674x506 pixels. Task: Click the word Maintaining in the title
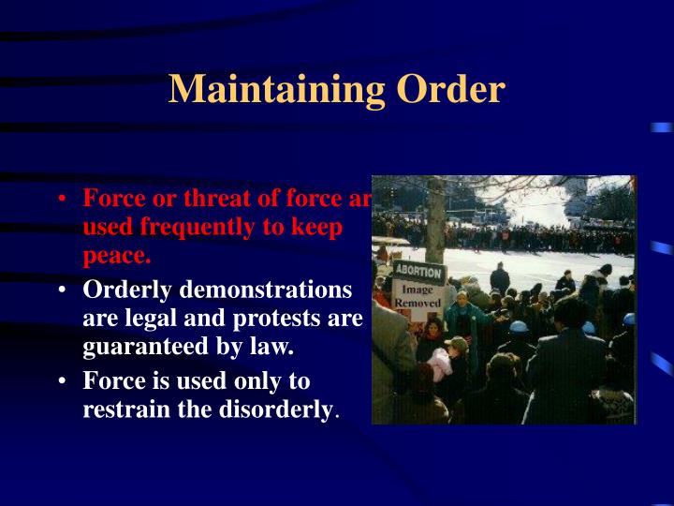pyautogui.click(x=277, y=90)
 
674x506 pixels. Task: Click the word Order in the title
pyautogui.click(x=450, y=90)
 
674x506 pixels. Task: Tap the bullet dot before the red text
pyautogui.click(x=61, y=200)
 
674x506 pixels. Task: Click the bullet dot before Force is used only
pyautogui.click(x=61, y=382)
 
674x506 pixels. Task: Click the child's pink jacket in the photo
pyautogui.click(x=440, y=362)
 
